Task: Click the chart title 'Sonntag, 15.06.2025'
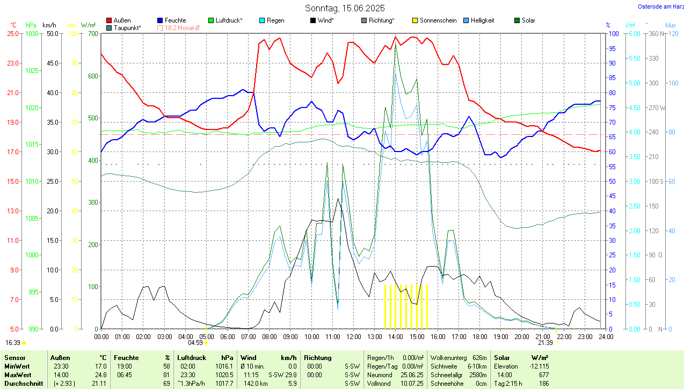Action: click(345, 8)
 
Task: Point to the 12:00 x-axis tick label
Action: click(353, 337)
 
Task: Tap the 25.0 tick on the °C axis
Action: click(12, 33)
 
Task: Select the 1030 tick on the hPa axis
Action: click(32, 33)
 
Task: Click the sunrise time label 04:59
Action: click(195, 342)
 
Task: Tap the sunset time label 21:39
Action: click(545, 342)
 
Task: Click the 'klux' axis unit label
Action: click(670, 25)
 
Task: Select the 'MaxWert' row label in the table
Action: click(17, 374)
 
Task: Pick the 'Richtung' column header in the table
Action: click(318, 357)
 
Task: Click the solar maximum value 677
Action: click(543, 374)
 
